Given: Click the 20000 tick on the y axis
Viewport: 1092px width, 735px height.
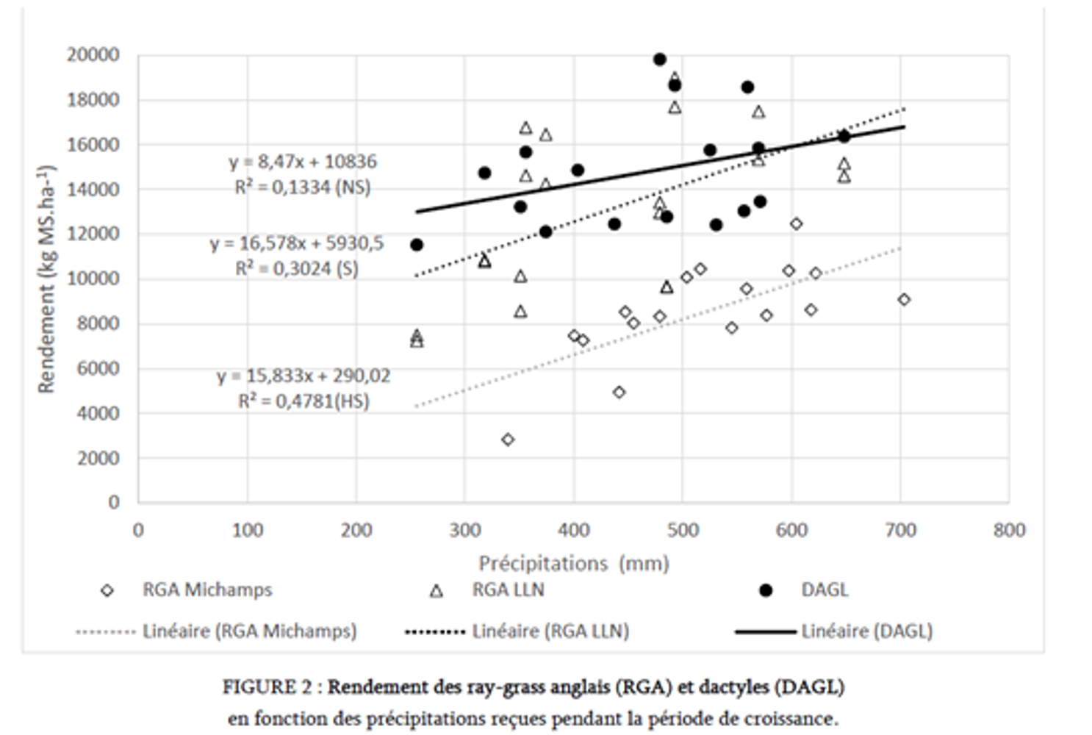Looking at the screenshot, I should coord(93,55).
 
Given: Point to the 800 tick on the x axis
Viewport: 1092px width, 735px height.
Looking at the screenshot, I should coord(1008,531).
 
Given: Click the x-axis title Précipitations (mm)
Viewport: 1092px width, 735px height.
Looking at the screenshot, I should coord(574,564).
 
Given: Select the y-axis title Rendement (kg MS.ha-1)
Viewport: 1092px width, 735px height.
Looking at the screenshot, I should coord(46,279).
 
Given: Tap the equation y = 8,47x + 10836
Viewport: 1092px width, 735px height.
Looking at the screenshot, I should coord(302,162).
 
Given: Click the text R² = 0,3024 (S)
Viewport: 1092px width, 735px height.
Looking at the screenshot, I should coord(297,269).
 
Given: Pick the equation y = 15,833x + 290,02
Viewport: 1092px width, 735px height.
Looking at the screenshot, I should coord(303,376).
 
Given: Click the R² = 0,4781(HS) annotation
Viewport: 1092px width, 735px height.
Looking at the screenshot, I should coord(303,402).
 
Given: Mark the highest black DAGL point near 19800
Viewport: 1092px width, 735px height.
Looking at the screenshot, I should coord(660,60).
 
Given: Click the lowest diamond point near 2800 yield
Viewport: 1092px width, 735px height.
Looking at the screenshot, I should coord(508,440).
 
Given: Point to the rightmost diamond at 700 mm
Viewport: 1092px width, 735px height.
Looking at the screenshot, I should coord(904,300).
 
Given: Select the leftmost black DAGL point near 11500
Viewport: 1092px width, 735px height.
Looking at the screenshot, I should coord(417,245).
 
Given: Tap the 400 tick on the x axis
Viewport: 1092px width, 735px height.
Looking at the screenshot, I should coord(574,531).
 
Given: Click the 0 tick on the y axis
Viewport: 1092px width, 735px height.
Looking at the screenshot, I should coord(113,503).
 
